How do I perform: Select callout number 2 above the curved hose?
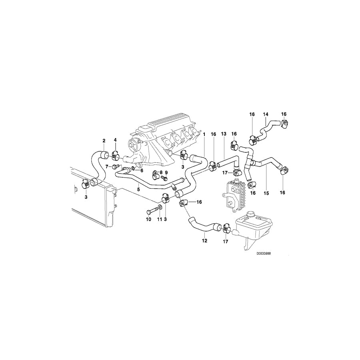point(104,140)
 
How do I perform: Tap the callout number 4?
point(115,140)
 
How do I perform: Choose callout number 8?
point(162,172)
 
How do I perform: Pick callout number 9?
point(167,172)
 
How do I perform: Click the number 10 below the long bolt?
point(148,220)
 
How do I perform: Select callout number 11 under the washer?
point(160,220)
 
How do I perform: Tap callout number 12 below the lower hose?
point(204,241)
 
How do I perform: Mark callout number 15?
point(266,193)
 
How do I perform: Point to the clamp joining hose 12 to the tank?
point(226,229)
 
